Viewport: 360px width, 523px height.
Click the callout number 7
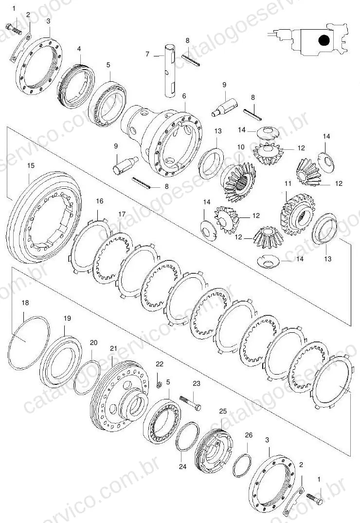[x=147, y=54]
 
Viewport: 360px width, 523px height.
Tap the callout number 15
[x=31, y=166]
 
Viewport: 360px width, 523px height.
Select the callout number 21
[x=114, y=348]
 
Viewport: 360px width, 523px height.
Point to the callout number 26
[x=249, y=435]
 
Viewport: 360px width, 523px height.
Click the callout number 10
[x=241, y=147]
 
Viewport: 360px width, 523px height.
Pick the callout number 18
[x=25, y=303]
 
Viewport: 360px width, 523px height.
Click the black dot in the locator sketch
[x=324, y=41]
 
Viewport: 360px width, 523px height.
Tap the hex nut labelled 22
[x=160, y=385]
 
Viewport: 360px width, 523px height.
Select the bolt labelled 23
[x=191, y=403]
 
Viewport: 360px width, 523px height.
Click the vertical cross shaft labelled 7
[x=170, y=70]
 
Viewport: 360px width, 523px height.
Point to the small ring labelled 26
[x=242, y=465]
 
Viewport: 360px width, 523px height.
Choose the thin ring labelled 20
[x=87, y=377]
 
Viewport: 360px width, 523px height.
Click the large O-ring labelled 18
[x=29, y=343]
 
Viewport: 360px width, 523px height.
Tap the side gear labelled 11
[x=298, y=215]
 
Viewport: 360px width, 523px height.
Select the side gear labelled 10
[x=238, y=182]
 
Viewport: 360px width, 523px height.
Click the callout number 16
[x=100, y=201]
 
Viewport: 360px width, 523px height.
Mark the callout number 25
[x=223, y=411]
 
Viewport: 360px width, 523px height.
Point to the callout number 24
[x=182, y=467]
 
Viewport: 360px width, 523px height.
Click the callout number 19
[x=68, y=318]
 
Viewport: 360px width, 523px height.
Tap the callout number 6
[x=184, y=96]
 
